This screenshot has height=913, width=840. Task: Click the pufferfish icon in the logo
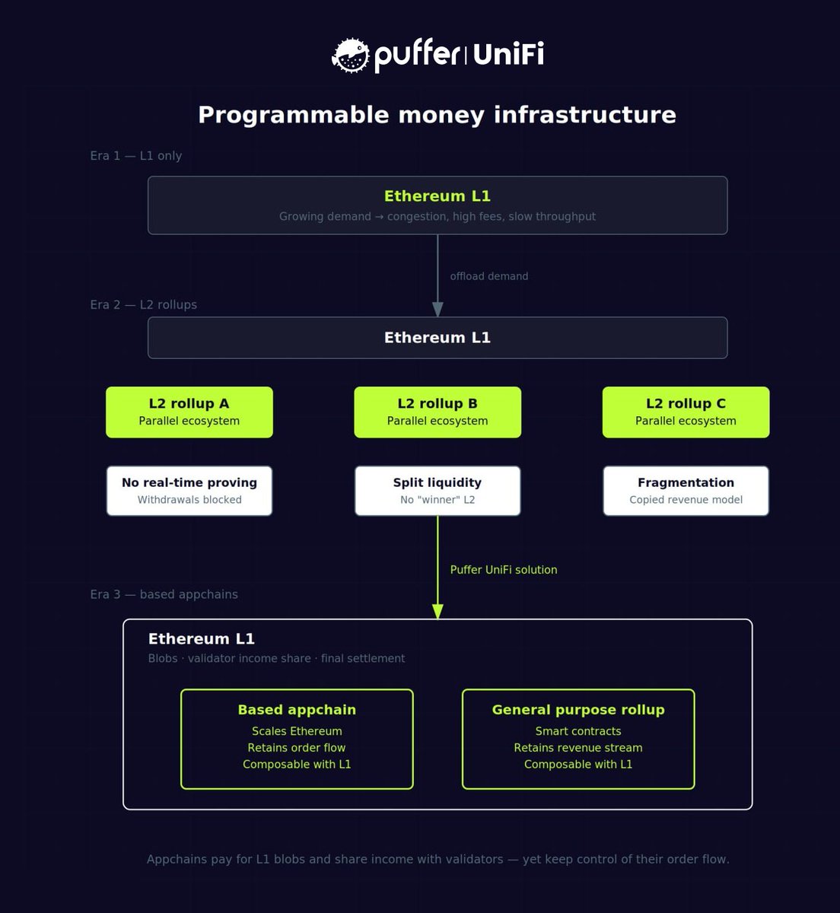pyautogui.click(x=350, y=56)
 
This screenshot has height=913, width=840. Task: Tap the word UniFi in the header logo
pyautogui.click(x=508, y=55)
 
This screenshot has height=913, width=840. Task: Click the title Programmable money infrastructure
pyautogui.click(x=437, y=115)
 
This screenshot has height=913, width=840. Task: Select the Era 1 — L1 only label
pyautogui.click(x=136, y=156)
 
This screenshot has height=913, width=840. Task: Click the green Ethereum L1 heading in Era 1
pyautogui.click(x=437, y=196)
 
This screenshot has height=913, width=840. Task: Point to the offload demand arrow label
pyautogui.click(x=488, y=276)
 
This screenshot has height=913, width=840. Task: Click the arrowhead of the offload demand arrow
pyautogui.click(x=437, y=308)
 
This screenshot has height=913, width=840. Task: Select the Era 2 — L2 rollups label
pyautogui.click(x=144, y=305)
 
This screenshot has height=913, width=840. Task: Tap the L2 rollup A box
pyautogui.click(x=189, y=412)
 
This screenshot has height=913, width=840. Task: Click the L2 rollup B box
pyautogui.click(x=437, y=412)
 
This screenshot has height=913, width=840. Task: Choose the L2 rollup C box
pyautogui.click(x=686, y=412)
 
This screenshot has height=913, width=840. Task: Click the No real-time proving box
pyautogui.click(x=189, y=491)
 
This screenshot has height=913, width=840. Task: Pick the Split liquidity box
pyautogui.click(x=437, y=491)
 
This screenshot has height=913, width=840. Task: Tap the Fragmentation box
pyautogui.click(x=686, y=491)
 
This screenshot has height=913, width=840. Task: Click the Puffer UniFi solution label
pyautogui.click(x=503, y=570)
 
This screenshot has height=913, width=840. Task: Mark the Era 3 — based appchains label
pyautogui.click(x=164, y=594)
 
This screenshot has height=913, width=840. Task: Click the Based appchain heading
pyautogui.click(x=297, y=710)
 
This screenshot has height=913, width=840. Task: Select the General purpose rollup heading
pyautogui.click(x=578, y=710)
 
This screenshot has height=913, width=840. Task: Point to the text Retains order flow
pyautogui.click(x=297, y=748)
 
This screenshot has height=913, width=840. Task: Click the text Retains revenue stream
pyautogui.click(x=578, y=748)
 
